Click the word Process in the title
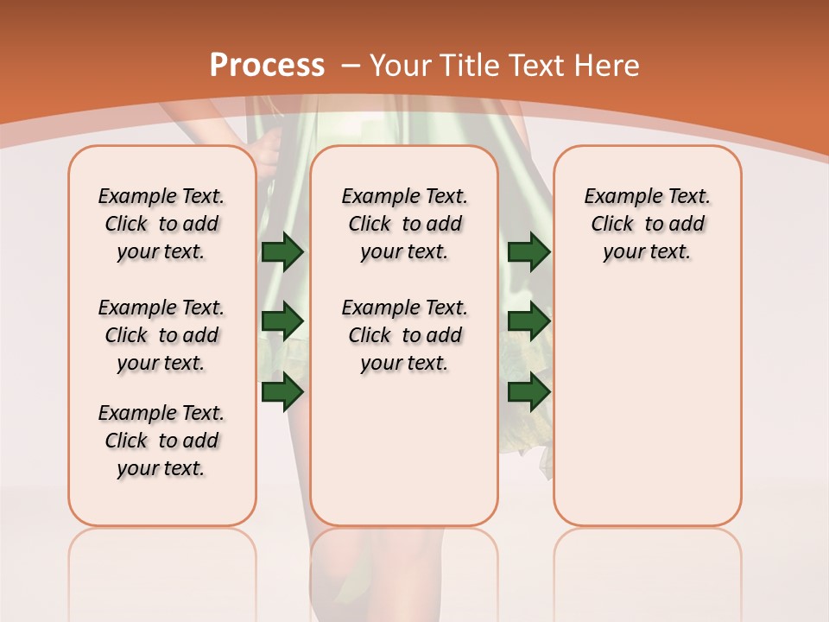pos(267,65)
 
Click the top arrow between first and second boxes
pos(282,251)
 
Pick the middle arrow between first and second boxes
pos(282,321)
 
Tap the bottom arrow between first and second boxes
pos(282,392)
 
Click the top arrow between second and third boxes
pos(528,251)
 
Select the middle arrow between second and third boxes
pos(528,321)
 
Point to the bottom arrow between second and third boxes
pos(528,392)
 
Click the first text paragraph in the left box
pos(161,224)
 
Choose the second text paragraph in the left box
pos(161,335)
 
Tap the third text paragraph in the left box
pos(161,441)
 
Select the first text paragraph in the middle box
pos(404,224)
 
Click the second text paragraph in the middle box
pos(404,335)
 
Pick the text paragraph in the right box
pos(647,224)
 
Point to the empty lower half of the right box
pos(647,415)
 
